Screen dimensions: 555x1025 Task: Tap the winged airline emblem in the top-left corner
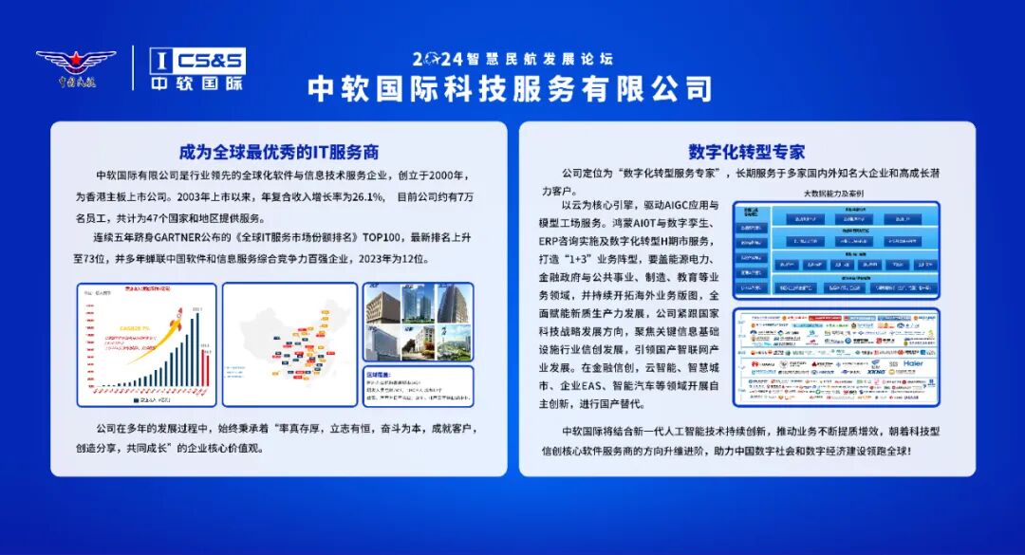click(76, 67)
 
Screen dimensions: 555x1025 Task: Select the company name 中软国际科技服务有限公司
click(510, 88)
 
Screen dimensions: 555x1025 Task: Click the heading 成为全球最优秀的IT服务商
click(280, 152)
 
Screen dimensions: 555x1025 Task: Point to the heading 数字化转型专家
click(746, 152)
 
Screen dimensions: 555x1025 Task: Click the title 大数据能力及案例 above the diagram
click(835, 194)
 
